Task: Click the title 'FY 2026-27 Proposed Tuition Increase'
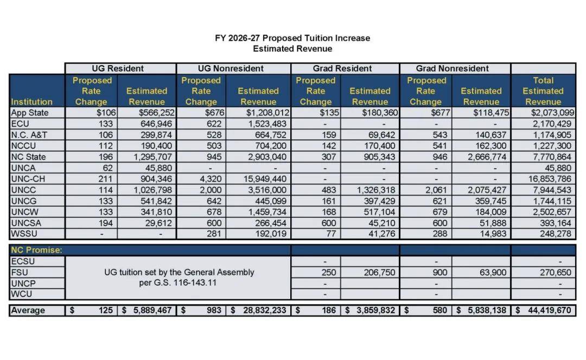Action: [292, 38]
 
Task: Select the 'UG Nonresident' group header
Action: [231, 68]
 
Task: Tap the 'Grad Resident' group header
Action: [342, 68]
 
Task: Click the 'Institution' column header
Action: [31, 101]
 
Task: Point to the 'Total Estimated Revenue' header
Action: [543, 91]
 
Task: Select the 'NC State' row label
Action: [29, 157]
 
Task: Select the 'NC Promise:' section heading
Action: [37, 250]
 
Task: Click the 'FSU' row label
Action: [20, 272]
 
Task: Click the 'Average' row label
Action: [28, 311]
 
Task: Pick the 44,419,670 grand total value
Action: [549, 311]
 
